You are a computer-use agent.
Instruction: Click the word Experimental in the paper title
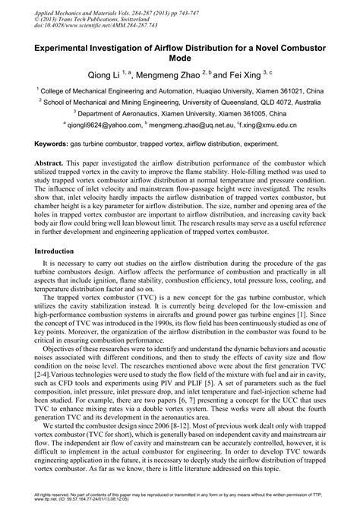pyautogui.click(x=60, y=47)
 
